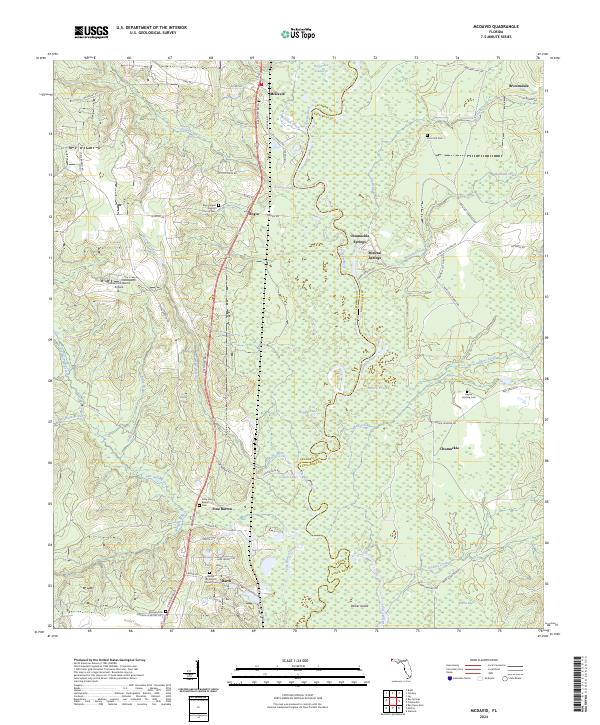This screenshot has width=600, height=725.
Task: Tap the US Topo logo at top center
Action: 300,33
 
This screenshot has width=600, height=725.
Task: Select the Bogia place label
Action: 252,213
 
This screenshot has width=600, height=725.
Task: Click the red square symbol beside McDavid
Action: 265,85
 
